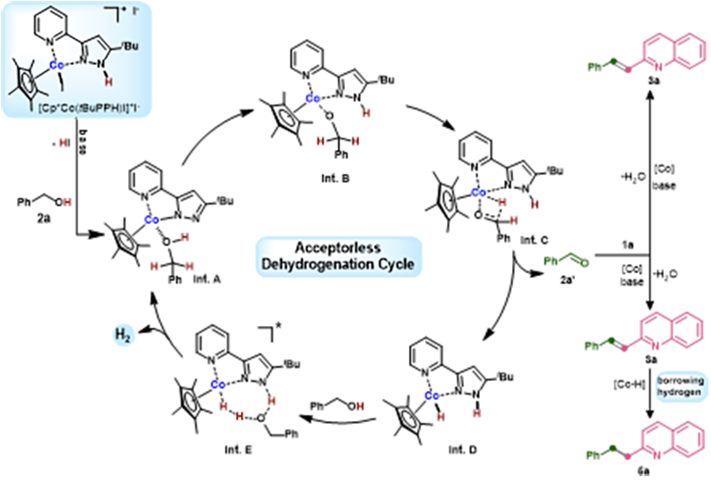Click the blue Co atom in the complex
(x=54, y=66)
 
